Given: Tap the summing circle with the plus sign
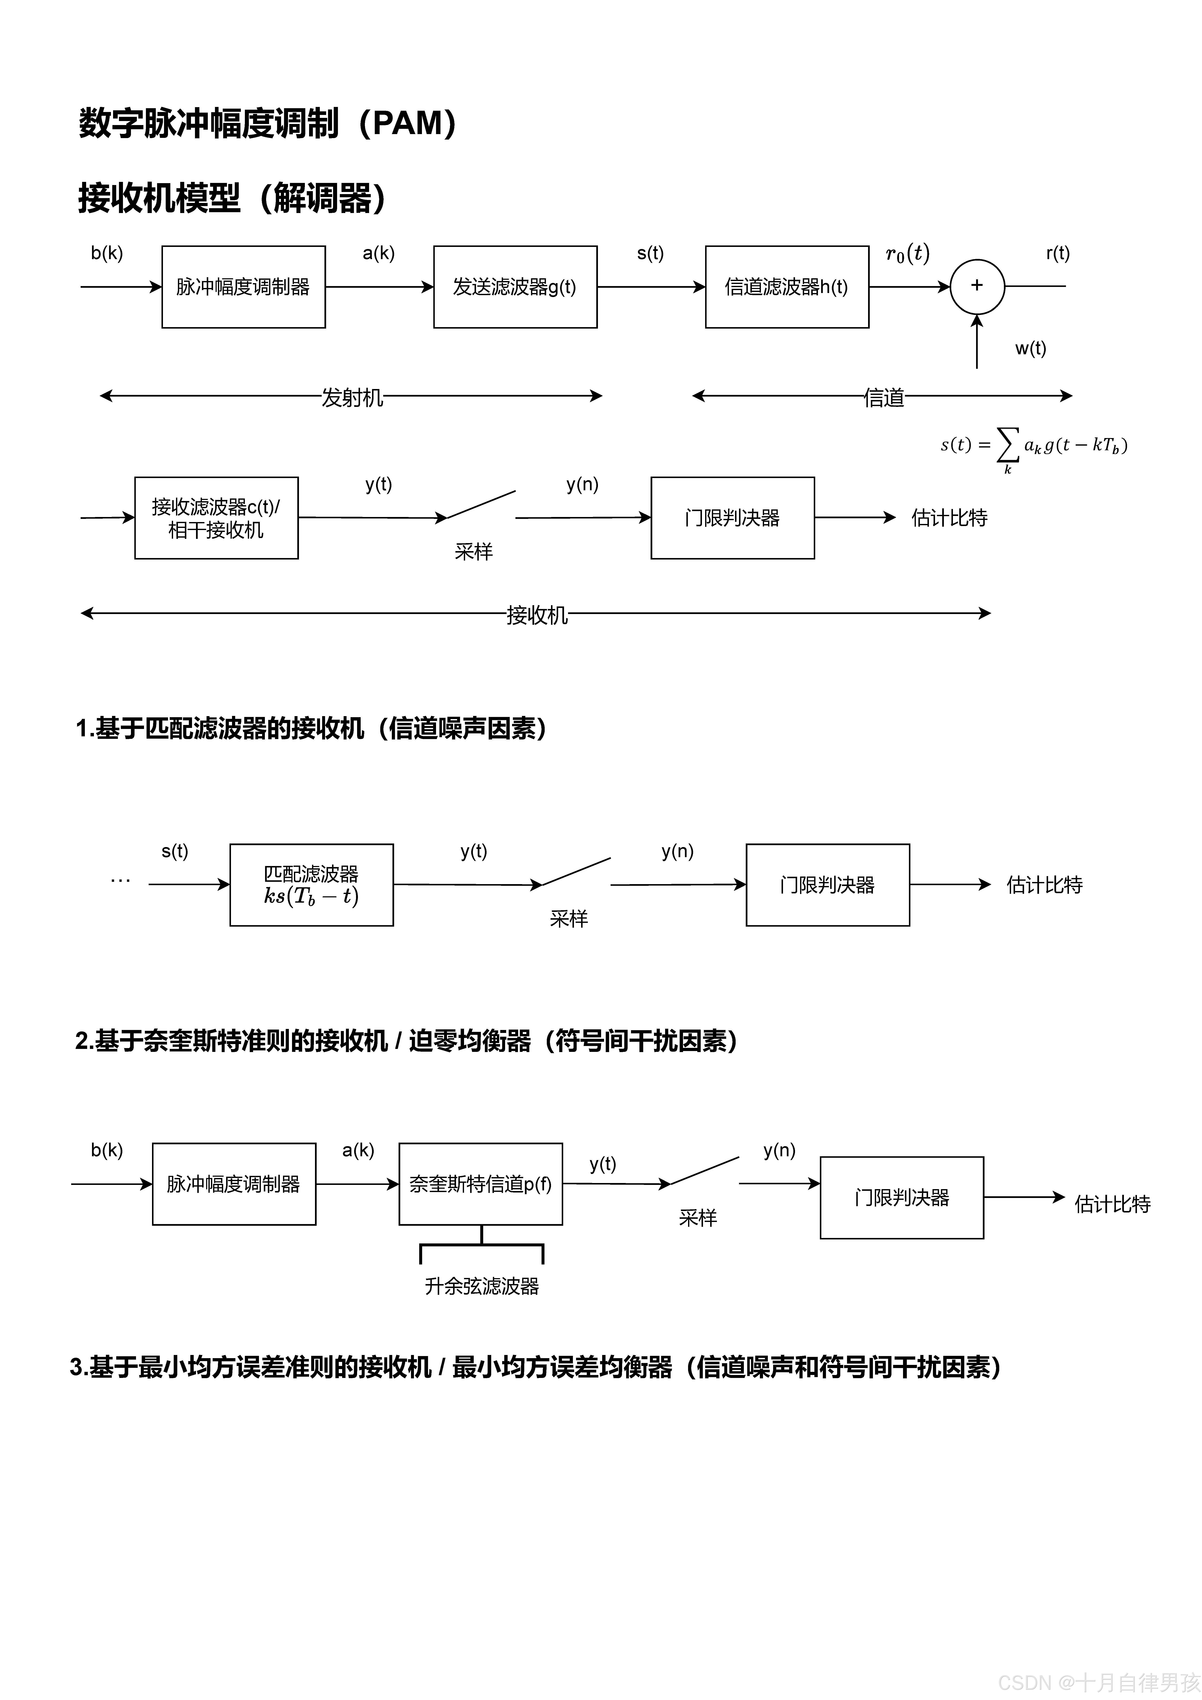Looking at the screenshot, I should [977, 286].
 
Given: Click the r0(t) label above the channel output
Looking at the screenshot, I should [907, 254].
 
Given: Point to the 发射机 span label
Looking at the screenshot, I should [352, 398].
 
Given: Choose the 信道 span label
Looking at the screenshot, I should [883, 398].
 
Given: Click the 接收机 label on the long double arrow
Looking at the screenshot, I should [536, 614].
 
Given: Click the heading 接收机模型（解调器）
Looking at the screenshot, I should [232, 199].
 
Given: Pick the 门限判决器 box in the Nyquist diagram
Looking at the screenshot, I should [901, 1197].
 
